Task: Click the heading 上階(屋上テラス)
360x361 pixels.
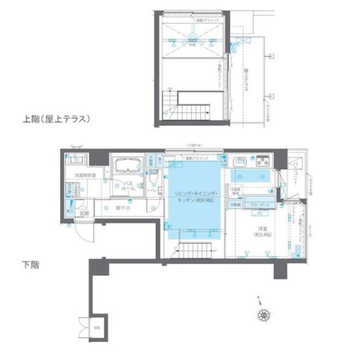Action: coord(56,119)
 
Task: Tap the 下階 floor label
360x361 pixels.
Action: coord(31,263)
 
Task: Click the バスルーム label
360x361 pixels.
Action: coord(128,186)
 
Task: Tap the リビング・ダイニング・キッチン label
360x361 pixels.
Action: coord(193,197)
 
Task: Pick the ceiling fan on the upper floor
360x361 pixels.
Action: coord(192,38)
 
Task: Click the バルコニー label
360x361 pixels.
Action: coord(295,168)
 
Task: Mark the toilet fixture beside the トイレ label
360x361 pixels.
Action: coord(153,182)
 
